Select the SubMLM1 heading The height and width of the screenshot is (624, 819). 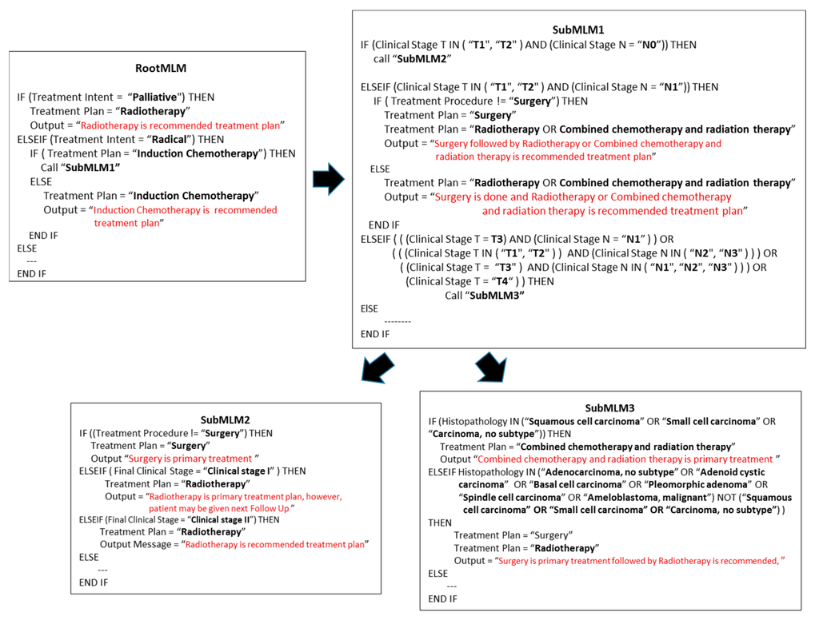point(577,30)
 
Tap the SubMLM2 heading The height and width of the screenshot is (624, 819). point(225,419)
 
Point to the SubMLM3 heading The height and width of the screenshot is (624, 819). point(609,407)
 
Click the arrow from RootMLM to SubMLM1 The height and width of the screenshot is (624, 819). point(329,179)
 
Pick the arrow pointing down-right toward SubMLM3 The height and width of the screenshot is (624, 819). point(492,367)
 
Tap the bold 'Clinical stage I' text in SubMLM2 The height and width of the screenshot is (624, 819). point(239,471)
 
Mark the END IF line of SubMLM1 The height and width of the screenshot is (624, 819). point(375,334)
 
